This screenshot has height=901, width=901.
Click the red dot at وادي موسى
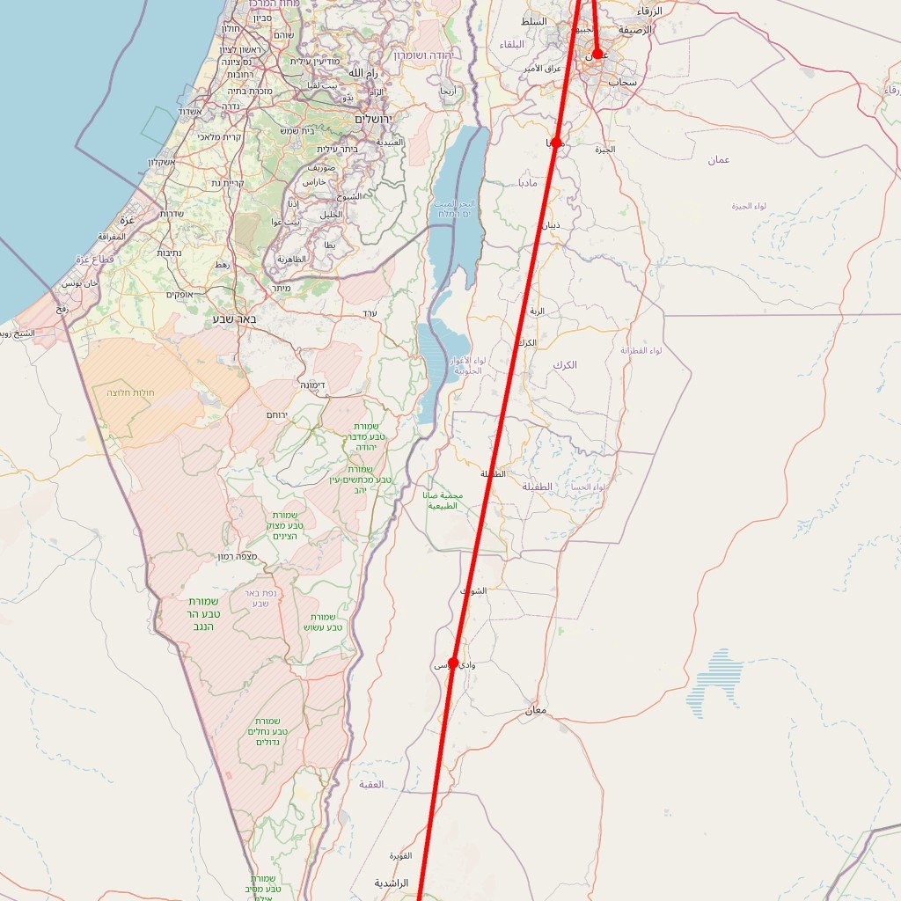[x=453, y=663]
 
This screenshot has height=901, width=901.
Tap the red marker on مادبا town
[x=556, y=143]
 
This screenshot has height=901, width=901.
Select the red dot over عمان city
[x=597, y=55]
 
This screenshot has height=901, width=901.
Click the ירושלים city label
[x=377, y=118]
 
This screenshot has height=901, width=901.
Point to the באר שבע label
[x=235, y=319]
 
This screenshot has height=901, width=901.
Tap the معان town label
[x=536, y=710]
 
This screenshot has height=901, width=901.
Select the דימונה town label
[x=314, y=385]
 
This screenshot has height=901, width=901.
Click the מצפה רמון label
[x=240, y=556]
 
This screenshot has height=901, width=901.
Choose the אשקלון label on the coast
[x=162, y=162]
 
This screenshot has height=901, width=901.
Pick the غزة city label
[x=128, y=219]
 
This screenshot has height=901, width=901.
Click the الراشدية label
[x=392, y=883]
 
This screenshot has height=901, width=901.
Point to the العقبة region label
[x=371, y=783]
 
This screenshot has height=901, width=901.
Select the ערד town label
[x=370, y=313]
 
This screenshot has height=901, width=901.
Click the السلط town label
[x=533, y=21]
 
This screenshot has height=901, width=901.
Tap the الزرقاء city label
[x=649, y=11]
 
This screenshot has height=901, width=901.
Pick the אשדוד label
[x=191, y=112]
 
